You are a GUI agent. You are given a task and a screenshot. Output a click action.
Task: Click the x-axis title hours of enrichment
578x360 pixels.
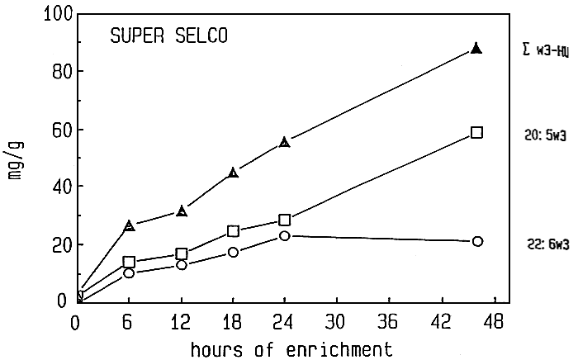pyautogui.click(x=286, y=348)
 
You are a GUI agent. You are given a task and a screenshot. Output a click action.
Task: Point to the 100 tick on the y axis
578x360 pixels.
pyautogui.click(x=50, y=14)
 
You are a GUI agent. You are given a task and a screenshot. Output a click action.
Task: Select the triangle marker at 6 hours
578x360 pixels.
pyautogui.click(x=129, y=225)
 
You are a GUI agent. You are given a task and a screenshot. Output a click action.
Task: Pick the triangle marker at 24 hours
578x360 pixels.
pyautogui.click(x=285, y=142)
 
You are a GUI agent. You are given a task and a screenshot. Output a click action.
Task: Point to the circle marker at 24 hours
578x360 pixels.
pyautogui.click(x=285, y=236)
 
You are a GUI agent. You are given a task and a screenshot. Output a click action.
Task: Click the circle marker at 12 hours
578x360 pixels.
pyautogui.click(x=181, y=265)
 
